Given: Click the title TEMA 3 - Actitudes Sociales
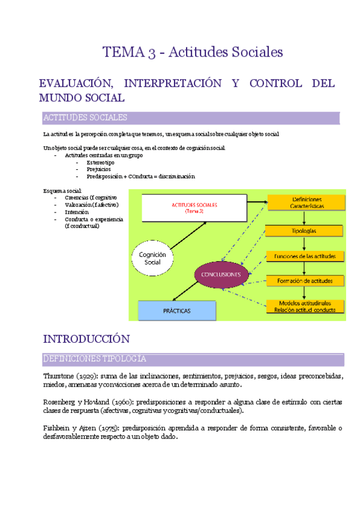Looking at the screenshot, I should tap(192, 52).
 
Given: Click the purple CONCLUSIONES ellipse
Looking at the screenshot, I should tap(221, 274).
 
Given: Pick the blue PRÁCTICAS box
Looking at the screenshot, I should tap(177, 311).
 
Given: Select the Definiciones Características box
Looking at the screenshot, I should tap(306, 202).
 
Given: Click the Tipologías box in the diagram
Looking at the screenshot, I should tap(306, 230).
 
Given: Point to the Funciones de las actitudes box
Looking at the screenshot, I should tap(306, 256).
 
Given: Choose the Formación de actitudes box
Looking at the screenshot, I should tap(306, 280).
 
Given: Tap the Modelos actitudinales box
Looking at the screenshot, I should tap(306, 306).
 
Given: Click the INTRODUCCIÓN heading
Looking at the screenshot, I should tap(86, 339).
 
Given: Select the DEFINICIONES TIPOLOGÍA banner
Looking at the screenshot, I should tap(192, 359).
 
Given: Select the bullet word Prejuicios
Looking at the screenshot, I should tap(98, 169).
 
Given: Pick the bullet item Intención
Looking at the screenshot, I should tap(77, 212).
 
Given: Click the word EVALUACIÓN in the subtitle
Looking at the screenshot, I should tap(76, 83).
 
